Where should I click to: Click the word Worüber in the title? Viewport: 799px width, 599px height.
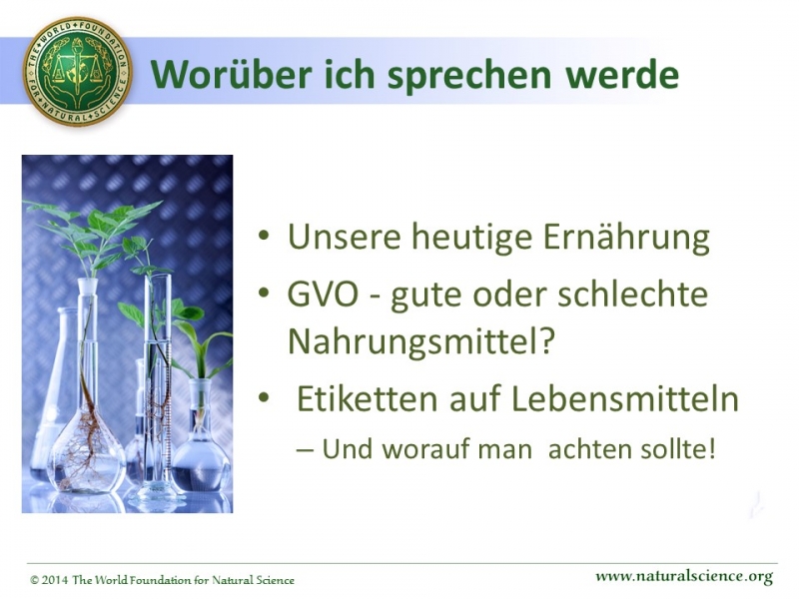pos(232,74)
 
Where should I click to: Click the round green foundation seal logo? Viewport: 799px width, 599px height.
pos(78,70)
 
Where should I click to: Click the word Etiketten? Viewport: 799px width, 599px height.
pos(367,398)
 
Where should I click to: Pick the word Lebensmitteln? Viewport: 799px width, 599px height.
pos(625,398)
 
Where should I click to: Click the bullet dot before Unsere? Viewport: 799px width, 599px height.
pos(263,236)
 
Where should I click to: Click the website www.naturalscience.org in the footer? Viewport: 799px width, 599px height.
pos(684,577)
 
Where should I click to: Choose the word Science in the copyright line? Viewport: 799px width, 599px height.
pos(275,580)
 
